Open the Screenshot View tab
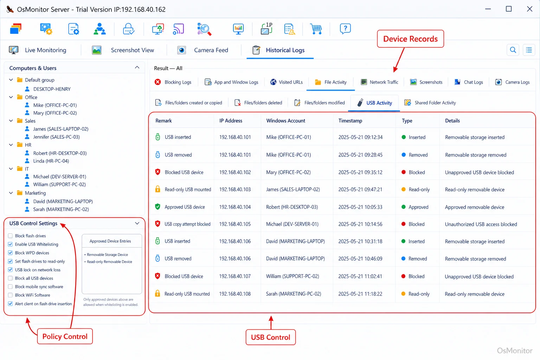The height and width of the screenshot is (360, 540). click(123, 50)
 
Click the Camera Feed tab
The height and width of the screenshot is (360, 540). click(202, 50)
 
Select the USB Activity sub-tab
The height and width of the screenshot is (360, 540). click(374, 103)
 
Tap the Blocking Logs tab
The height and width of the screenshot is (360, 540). click(173, 82)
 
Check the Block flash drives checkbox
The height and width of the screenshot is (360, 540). click(10, 236)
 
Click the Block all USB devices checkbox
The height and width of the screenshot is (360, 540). click(10, 278)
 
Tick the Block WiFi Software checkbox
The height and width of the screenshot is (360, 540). click(10, 295)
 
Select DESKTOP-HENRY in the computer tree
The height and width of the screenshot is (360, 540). click(52, 89)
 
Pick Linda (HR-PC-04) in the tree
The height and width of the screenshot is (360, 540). click(51, 161)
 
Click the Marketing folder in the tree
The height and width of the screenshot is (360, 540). click(35, 193)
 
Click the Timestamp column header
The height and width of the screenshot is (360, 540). click(350, 121)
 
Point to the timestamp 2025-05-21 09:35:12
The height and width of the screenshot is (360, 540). click(360, 172)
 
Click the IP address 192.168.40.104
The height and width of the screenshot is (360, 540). click(235, 207)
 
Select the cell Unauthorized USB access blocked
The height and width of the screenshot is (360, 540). click(481, 224)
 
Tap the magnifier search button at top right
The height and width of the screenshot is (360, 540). click(513, 50)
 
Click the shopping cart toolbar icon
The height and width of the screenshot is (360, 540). click(316, 29)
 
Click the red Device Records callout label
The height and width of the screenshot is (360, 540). click(410, 39)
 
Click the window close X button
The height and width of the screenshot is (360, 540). click(529, 9)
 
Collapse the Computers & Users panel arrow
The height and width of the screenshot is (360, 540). click(137, 67)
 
